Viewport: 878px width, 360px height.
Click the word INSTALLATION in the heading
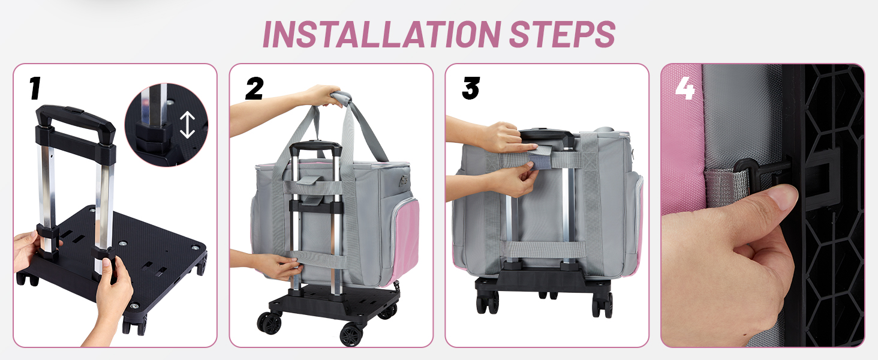point(382,34)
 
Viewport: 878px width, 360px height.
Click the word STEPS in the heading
point(562,34)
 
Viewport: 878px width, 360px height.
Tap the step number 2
point(254,88)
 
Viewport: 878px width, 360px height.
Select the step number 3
point(471,88)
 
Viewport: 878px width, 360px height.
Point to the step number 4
point(685,88)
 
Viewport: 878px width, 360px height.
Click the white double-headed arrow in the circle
point(187,125)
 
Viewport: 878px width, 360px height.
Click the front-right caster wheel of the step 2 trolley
point(351,335)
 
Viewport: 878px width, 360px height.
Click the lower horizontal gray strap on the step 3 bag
point(544,250)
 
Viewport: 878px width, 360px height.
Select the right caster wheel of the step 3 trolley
point(603,304)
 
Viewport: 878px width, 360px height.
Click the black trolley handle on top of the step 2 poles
point(315,147)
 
